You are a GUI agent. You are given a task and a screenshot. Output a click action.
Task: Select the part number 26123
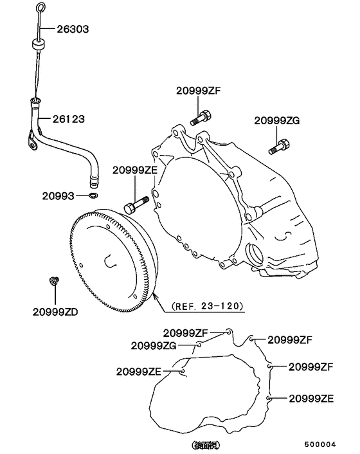[69, 120]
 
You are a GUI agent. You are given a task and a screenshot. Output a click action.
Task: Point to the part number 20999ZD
[55, 313]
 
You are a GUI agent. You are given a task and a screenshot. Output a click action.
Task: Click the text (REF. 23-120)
[208, 306]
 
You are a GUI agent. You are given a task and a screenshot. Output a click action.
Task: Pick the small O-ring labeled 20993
[94, 195]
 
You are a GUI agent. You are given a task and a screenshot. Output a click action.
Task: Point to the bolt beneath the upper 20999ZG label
[280, 147]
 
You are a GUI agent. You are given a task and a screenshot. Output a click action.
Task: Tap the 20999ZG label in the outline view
[154, 345]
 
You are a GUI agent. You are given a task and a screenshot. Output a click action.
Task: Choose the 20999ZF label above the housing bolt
[198, 91]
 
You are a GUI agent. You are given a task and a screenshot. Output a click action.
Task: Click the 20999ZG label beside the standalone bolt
[277, 120]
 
